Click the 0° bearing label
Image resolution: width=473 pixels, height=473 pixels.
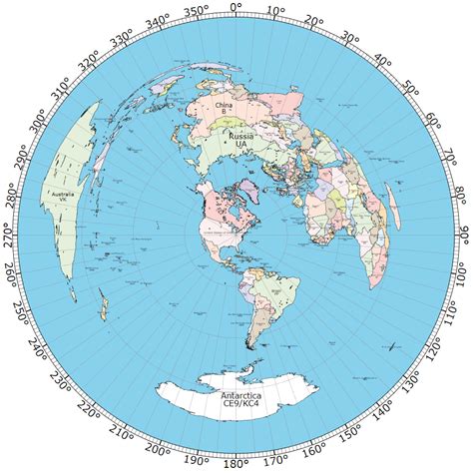click(x=236, y=8)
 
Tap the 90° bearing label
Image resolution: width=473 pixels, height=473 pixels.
click(x=463, y=236)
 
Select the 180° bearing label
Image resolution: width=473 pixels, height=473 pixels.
click(x=236, y=464)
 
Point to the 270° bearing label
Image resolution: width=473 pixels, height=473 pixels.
click(x=10, y=236)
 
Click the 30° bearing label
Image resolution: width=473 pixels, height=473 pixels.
click(x=349, y=38)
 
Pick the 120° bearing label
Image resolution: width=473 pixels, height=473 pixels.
click(x=434, y=350)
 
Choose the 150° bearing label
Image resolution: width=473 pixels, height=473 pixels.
click(x=350, y=434)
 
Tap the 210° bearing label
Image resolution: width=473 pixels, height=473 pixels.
click(x=123, y=434)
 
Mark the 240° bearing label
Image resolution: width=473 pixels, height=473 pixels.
click(x=40, y=350)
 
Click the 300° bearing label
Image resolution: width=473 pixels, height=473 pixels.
click(x=39, y=123)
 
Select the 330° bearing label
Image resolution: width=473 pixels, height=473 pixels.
click(x=122, y=39)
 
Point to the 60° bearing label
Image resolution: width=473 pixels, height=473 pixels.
click(x=433, y=122)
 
